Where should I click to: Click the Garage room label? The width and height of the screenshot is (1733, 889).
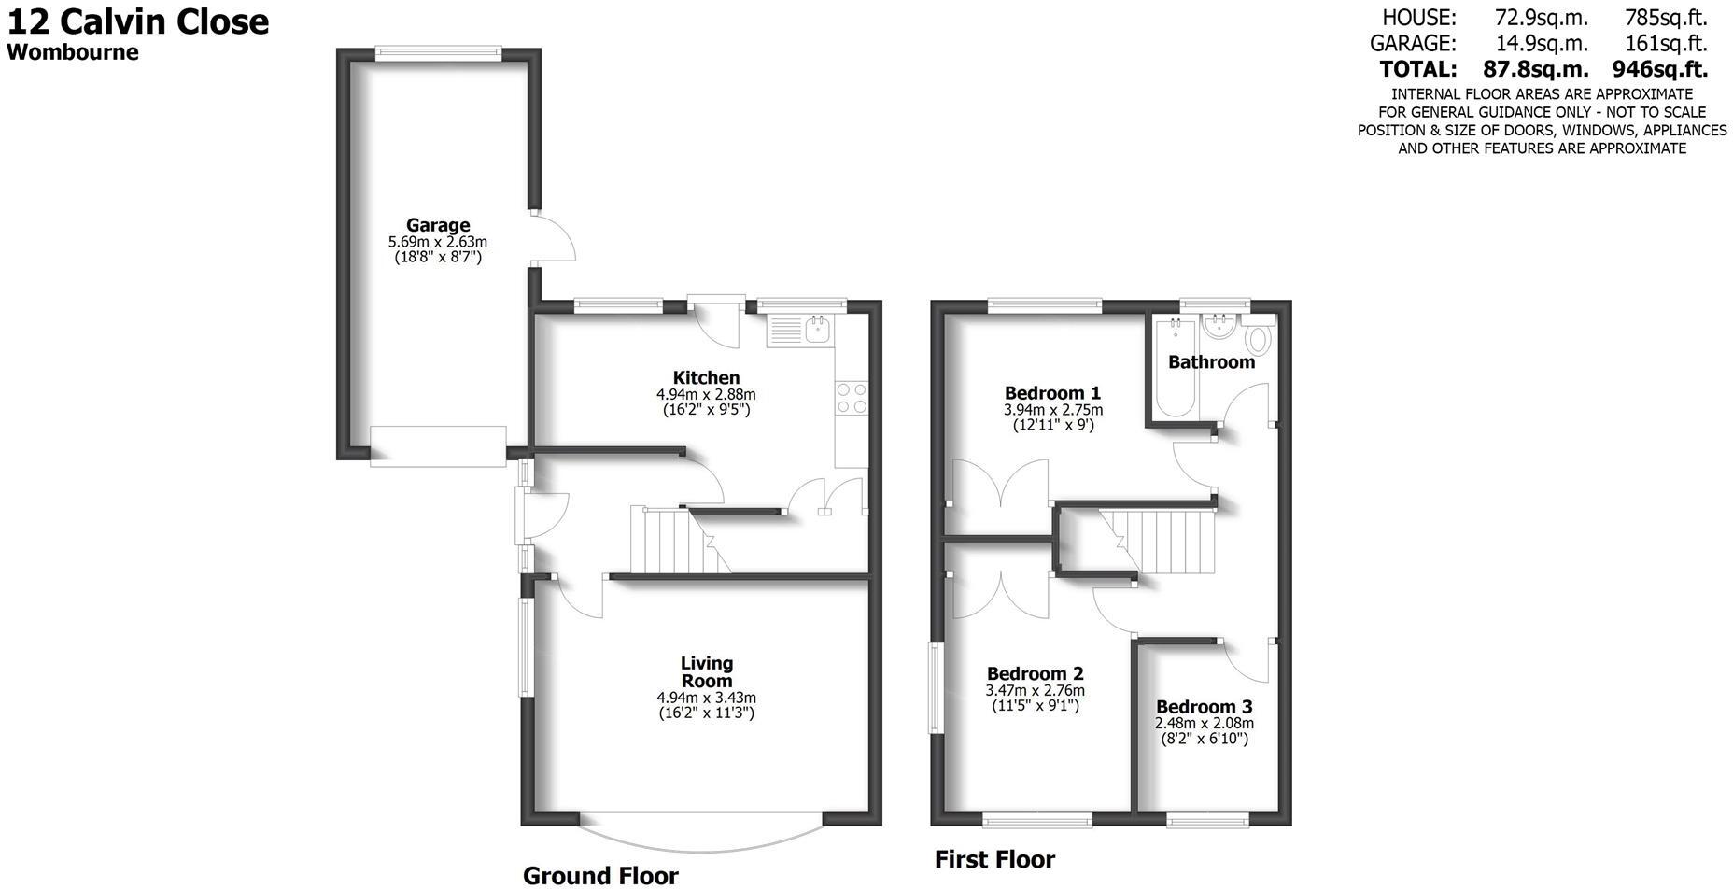coord(437,225)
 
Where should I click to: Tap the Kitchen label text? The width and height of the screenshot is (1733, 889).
coord(706,377)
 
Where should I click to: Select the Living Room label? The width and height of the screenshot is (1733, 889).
coord(706,671)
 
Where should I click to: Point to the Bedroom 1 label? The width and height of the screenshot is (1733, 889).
coord(1052,392)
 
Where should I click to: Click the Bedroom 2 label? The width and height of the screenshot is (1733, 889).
coord(1035,673)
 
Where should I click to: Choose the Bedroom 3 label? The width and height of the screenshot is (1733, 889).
coord(1204,707)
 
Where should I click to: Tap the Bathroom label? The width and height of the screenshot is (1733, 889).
coord(1211,362)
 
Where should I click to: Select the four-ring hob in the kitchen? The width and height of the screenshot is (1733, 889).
coord(852,398)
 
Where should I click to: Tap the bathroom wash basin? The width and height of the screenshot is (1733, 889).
coord(1219,329)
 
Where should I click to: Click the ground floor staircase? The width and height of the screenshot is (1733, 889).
coord(670,541)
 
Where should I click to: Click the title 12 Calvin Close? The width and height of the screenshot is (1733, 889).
coord(138,21)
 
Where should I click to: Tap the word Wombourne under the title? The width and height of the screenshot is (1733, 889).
coord(73,52)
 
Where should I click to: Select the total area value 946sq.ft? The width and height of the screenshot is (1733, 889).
coord(1659,69)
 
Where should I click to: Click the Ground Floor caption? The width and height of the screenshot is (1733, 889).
coord(600,875)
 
